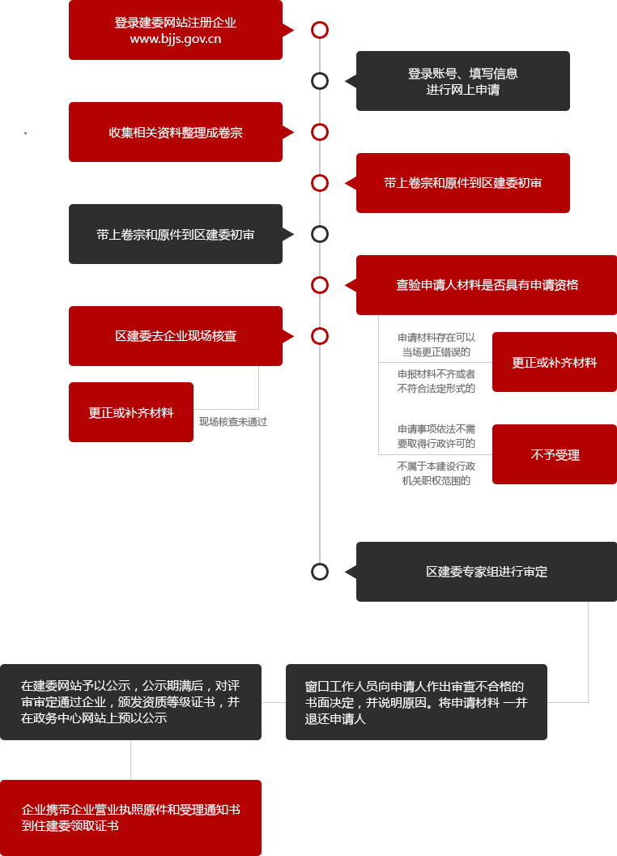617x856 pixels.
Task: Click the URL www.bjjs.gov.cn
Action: coord(175,40)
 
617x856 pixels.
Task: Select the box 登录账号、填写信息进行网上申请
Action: coord(463,81)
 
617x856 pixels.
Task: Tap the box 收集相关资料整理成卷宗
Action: coord(175,132)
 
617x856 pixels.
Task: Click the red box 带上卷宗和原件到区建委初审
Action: coord(463,183)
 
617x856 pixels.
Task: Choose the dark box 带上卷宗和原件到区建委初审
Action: coord(175,234)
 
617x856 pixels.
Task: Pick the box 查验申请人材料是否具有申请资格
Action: coord(487,285)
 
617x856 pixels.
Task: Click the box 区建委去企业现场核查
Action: coord(175,336)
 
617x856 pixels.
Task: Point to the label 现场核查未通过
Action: coord(233,422)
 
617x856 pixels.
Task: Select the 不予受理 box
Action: coord(554,454)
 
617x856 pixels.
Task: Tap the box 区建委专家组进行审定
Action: coord(487,572)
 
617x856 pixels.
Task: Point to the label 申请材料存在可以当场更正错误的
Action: coord(436,345)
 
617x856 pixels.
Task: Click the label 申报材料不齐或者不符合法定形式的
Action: coord(436,381)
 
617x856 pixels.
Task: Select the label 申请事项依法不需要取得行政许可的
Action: coord(436,437)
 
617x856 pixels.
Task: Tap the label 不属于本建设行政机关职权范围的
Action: coord(436,473)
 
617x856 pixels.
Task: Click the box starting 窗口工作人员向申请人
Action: coord(416,702)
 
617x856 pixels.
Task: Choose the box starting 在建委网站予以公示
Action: coord(130,702)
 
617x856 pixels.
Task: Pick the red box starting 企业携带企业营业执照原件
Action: coord(130,818)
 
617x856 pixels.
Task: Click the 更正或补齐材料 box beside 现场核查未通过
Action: coord(131,412)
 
